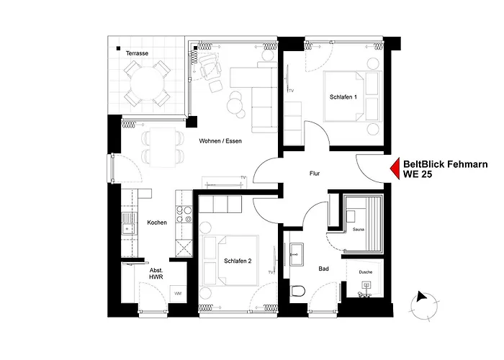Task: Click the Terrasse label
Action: pyautogui.click(x=137, y=54)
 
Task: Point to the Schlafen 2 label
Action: pyautogui.click(x=238, y=261)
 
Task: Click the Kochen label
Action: pyautogui.click(x=156, y=222)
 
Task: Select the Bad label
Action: pyautogui.click(x=324, y=269)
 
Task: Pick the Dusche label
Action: pyautogui.click(x=366, y=272)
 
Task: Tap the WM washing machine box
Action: pyautogui.click(x=178, y=294)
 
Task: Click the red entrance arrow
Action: pyautogui.click(x=394, y=169)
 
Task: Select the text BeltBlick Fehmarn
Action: pyautogui.click(x=444, y=164)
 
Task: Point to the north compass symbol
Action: pyautogui.click(x=422, y=297)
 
